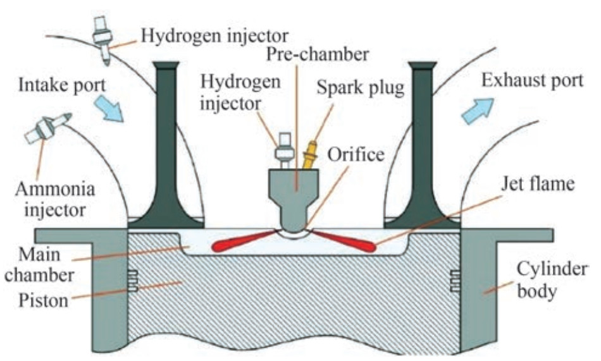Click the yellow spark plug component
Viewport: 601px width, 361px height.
pyautogui.click(x=311, y=156)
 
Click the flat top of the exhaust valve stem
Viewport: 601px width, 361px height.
pyautogui.click(x=423, y=64)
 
